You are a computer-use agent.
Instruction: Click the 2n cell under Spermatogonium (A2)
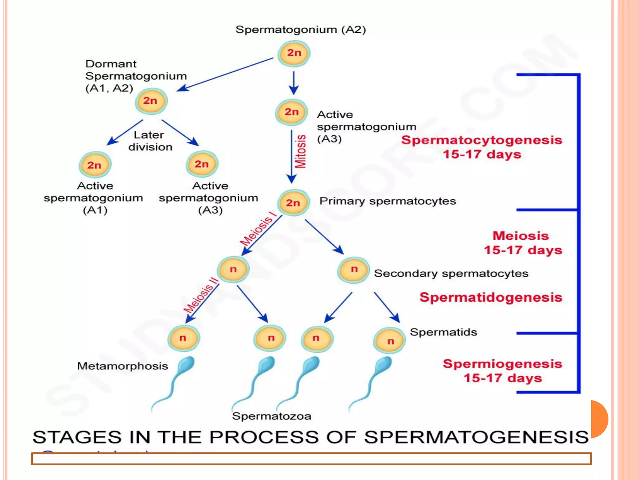point(294,53)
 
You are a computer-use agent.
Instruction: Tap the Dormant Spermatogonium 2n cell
point(151,101)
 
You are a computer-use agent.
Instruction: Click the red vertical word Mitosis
point(301,152)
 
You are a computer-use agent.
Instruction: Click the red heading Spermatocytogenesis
point(481,140)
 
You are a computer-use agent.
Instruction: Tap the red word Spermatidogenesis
point(490,297)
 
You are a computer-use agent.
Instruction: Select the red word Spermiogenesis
point(502,364)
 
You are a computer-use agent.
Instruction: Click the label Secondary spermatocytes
point(451,273)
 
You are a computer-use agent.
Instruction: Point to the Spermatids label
point(443,332)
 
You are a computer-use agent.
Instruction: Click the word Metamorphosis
point(123,366)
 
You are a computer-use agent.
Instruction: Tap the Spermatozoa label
point(271,416)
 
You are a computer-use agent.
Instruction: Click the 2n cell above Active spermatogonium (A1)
point(95,165)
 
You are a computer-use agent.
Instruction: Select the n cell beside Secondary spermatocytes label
point(354,270)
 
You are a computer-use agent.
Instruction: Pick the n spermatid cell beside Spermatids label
point(390,340)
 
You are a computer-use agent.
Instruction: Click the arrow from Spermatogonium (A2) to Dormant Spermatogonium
point(225,74)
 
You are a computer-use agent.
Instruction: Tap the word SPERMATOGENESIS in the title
point(476,437)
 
